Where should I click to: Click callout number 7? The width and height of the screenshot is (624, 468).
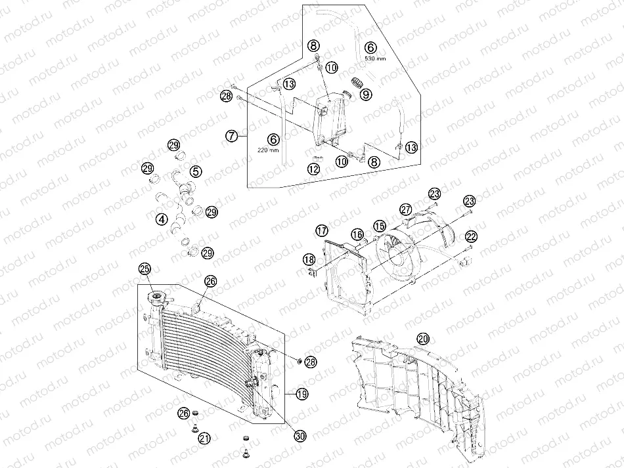tap(231, 137)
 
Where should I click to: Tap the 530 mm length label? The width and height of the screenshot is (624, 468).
tap(370, 58)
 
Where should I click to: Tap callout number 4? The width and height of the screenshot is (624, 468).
tap(160, 219)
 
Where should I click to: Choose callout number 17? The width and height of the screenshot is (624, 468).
tap(321, 230)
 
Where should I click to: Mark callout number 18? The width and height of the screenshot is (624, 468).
tap(309, 261)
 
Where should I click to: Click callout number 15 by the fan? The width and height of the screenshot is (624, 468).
tap(380, 226)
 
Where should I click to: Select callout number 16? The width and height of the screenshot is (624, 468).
tap(357, 234)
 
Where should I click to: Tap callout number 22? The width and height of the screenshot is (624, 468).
tap(472, 236)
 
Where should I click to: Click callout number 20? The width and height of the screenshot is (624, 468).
tap(424, 339)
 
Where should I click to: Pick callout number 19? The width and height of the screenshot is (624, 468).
tap(301, 394)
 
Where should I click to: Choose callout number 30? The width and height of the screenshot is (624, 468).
tap(300, 435)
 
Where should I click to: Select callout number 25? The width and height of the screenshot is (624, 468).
tap(145, 268)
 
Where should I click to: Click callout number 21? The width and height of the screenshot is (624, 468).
tap(204, 438)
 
